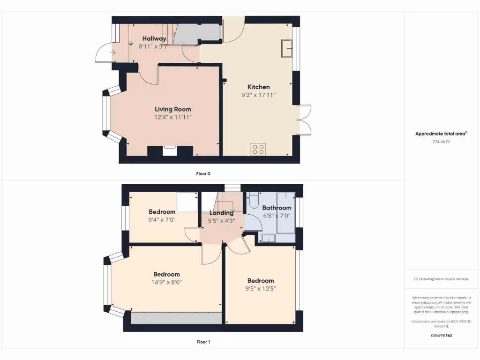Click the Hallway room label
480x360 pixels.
click(x=154, y=38)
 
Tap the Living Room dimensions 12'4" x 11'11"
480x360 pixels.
click(x=173, y=117)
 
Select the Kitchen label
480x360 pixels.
click(x=259, y=87)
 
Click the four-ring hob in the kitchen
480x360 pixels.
click(x=258, y=149)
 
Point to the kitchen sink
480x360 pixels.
click(x=286, y=48)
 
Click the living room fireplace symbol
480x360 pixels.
click(x=170, y=150)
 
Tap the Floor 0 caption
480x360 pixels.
click(x=203, y=173)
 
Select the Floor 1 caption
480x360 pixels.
click(x=203, y=342)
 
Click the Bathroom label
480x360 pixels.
click(x=277, y=208)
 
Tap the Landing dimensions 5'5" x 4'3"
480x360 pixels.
click(x=222, y=221)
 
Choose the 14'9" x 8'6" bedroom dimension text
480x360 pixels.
click(x=166, y=282)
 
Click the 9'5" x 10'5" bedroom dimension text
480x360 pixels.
click(x=261, y=289)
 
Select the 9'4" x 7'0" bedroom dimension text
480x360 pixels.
click(x=162, y=219)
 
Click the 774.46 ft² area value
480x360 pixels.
click(x=441, y=141)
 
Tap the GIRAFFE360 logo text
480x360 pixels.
click(x=441, y=336)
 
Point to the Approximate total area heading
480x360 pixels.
click(x=441, y=134)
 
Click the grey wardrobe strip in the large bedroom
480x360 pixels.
click(x=176, y=318)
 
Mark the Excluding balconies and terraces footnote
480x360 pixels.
click(x=441, y=279)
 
